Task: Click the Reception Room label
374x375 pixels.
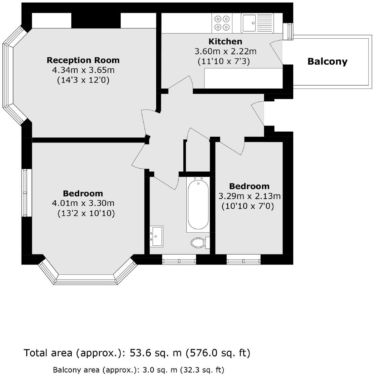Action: coord(83,60)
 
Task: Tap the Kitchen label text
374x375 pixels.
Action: coord(225,41)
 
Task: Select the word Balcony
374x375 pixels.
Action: coord(327,62)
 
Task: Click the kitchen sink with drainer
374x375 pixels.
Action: coord(257,23)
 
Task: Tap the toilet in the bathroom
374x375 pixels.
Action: coord(199,242)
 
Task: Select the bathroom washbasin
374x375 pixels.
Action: coord(156,236)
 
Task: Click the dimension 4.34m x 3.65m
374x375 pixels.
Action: coord(83,70)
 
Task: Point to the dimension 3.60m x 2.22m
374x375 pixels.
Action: coord(225,52)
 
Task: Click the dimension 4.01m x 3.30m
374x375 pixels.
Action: coord(83,203)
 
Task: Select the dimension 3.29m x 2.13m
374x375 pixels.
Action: coord(249,196)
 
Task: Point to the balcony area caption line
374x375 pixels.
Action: coord(138,370)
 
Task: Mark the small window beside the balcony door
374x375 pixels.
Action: coord(288,32)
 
